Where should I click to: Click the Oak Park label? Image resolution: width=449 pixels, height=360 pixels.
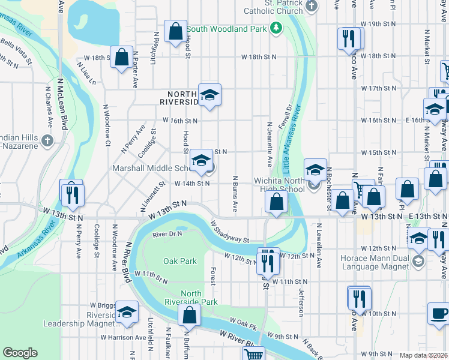(x=180, y=261)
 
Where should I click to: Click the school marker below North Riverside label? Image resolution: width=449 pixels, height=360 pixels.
(x=209, y=95)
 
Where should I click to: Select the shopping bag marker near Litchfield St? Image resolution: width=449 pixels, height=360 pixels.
(x=175, y=33)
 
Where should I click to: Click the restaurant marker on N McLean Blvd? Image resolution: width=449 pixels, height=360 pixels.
(x=72, y=194)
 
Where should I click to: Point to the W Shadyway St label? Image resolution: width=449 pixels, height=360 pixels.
(x=229, y=232)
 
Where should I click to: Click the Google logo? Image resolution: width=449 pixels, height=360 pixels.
(x=20, y=353)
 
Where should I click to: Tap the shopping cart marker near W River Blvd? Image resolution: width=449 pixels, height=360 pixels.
(x=254, y=355)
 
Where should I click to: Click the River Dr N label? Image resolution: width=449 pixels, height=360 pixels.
(x=167, y=235)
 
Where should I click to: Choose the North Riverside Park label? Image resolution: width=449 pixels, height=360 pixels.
(x=191, y=298)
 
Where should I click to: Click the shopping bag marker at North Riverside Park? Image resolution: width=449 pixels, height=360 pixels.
(x=190, y=315)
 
